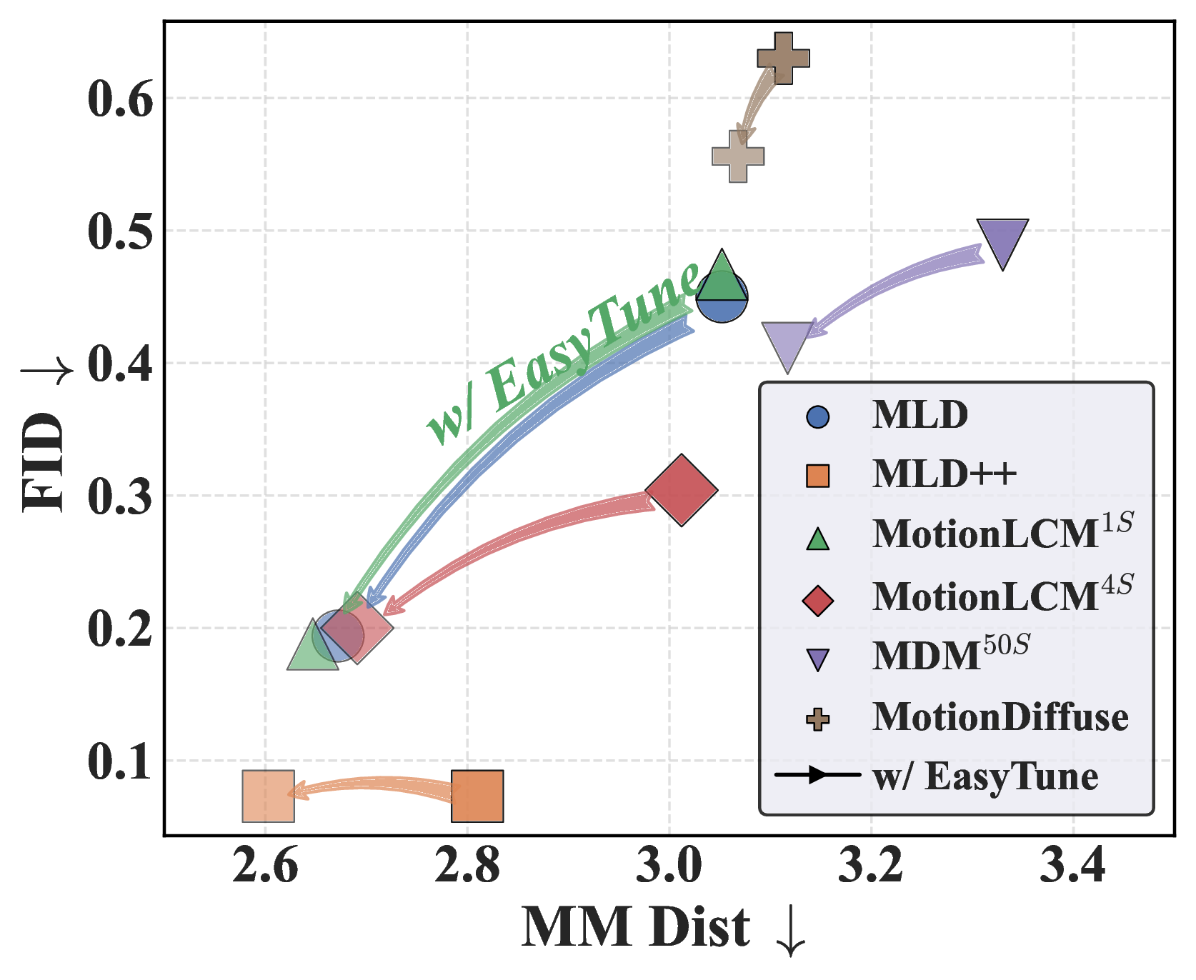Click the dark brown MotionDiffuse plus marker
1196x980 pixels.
783,59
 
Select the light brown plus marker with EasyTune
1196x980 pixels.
738,156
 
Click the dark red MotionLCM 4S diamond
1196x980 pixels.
682,490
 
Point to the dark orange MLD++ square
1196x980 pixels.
477,796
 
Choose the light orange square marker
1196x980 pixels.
269,796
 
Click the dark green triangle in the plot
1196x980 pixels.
722,279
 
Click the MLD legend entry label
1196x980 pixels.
920,414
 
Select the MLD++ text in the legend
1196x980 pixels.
944,474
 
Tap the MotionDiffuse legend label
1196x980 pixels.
1000,717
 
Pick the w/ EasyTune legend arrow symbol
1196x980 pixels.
817,776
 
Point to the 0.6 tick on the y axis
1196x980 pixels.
120,99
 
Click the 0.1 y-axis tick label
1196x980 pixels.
120,761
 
